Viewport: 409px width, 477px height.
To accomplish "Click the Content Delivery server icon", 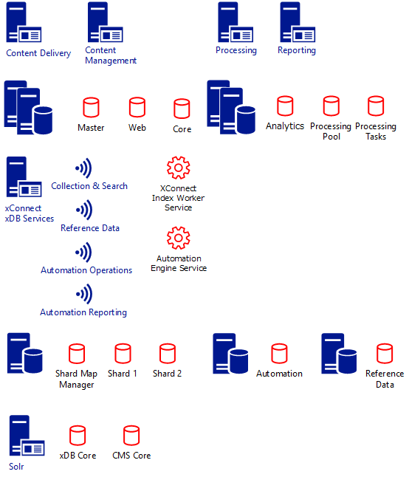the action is tap(24, 22).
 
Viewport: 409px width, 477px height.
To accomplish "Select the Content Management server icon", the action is tap(106, 22).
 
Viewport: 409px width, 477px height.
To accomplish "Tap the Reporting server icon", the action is tap(298, 22).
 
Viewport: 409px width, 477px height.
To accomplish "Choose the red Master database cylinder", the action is tap(92, 107).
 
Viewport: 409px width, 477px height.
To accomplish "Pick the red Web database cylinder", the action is tap(137, 107).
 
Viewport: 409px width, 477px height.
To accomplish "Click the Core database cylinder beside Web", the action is tap(182, 109).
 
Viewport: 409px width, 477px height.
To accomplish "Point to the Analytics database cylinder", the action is tap(285, 106).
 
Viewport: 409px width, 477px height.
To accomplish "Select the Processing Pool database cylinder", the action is tap(331, 106).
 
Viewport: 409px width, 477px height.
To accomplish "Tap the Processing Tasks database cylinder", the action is tap(376, 106).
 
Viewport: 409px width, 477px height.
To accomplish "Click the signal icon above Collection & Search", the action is tap(84, 168).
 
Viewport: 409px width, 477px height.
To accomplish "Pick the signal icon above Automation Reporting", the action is tap(84, 294).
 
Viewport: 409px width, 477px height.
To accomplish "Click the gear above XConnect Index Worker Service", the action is tap(179, 168).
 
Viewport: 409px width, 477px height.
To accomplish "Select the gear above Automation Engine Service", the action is tap(179, 238).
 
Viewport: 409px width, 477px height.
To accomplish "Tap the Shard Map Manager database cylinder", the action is tap(77, 354).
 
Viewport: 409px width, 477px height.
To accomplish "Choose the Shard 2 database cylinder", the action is tap(168, 354).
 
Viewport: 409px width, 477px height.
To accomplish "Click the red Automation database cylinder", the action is tap(279, 354).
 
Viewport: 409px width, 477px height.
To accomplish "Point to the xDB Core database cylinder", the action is tap(78, 436).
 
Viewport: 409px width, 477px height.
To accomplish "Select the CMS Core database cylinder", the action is tap(131, 436).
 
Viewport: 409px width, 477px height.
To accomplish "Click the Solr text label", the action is tap(16, 467).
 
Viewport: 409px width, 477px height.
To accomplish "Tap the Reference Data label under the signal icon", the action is tap(90, 228).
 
